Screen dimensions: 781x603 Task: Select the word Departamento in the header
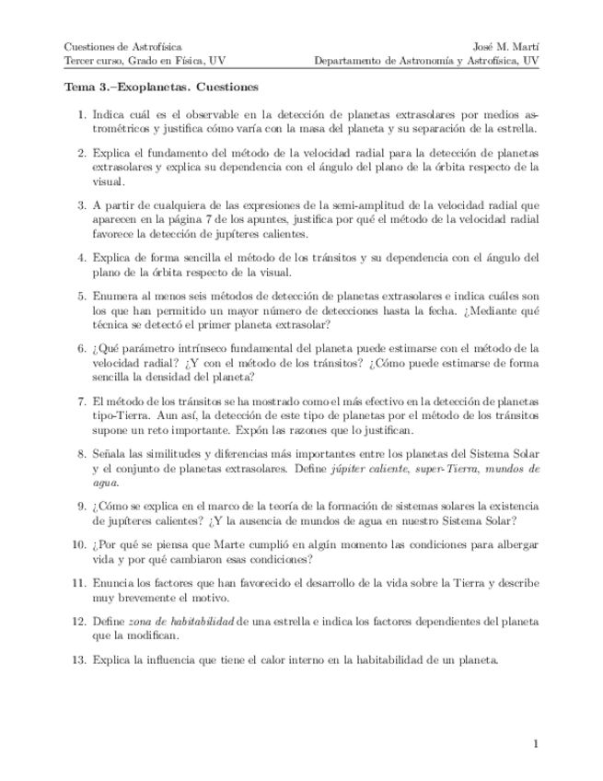click(348, 61)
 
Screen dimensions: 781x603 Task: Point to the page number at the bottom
click(535, 742)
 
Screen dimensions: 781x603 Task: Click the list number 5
click(82, 297)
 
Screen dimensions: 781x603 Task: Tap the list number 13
click(79, 660)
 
